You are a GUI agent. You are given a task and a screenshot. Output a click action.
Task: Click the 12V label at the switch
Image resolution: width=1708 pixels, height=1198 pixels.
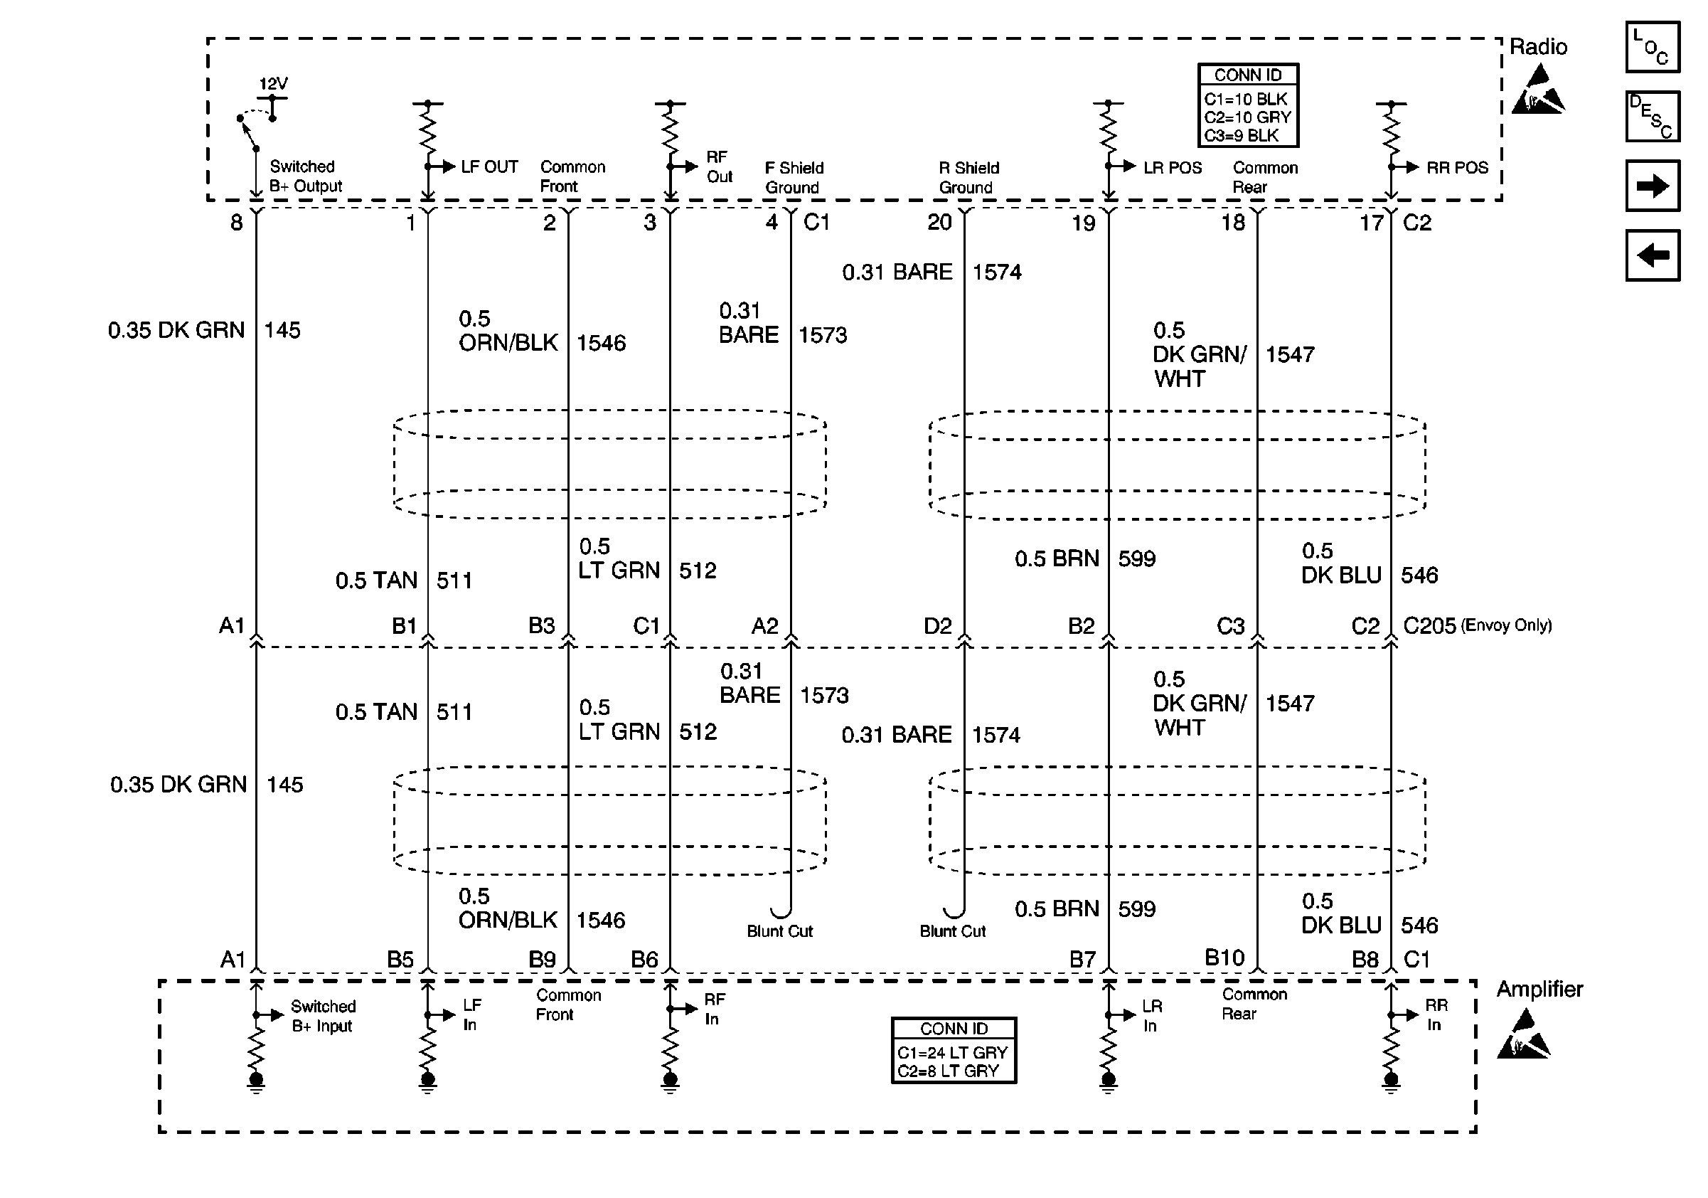tap(273, 83)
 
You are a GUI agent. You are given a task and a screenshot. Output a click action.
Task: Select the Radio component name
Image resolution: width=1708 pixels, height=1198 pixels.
tap(1537, 47)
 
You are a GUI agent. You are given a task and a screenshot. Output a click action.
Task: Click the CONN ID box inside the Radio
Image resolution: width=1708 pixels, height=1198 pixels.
tap(1247, 105)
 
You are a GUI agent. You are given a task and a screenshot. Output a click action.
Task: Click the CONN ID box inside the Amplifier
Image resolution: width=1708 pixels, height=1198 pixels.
tap(953, 1050)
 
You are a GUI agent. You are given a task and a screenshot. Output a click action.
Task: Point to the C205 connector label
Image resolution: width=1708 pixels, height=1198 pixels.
tap(1429, 626)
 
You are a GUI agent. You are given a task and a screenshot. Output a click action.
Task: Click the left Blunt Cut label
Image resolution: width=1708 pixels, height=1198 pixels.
tap(779, 931)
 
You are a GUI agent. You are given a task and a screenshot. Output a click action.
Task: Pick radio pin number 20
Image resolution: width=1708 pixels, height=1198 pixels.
tap(939, 222)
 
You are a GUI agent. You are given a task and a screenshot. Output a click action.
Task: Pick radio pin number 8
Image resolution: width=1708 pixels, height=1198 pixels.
tap(237, 222)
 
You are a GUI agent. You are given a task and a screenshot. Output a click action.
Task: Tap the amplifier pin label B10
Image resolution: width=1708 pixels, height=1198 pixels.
tap(1224, 958)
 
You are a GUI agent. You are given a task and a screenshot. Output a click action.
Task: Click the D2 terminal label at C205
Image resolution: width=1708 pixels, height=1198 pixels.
tap(937, 626)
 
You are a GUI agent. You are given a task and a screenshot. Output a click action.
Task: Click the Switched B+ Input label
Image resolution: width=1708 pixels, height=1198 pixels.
tap(323, 1016)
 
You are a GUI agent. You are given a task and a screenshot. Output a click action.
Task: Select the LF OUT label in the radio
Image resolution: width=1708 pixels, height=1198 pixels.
tap(489, 166)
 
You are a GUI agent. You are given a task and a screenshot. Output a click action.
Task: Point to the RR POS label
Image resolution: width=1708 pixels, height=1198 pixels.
tap(1456, 167)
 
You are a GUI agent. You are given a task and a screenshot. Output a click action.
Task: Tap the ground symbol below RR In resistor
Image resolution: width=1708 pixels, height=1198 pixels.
tap(1390, 1083)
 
